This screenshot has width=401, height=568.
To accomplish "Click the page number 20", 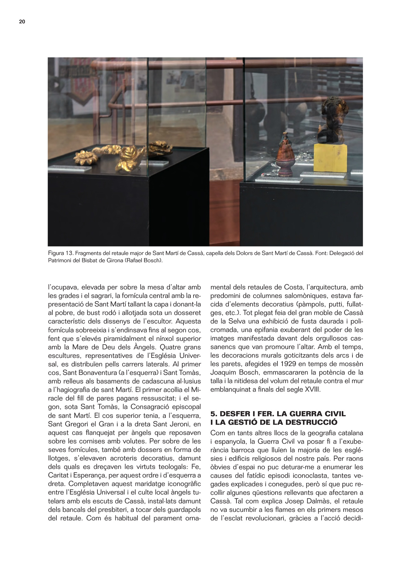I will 22,22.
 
